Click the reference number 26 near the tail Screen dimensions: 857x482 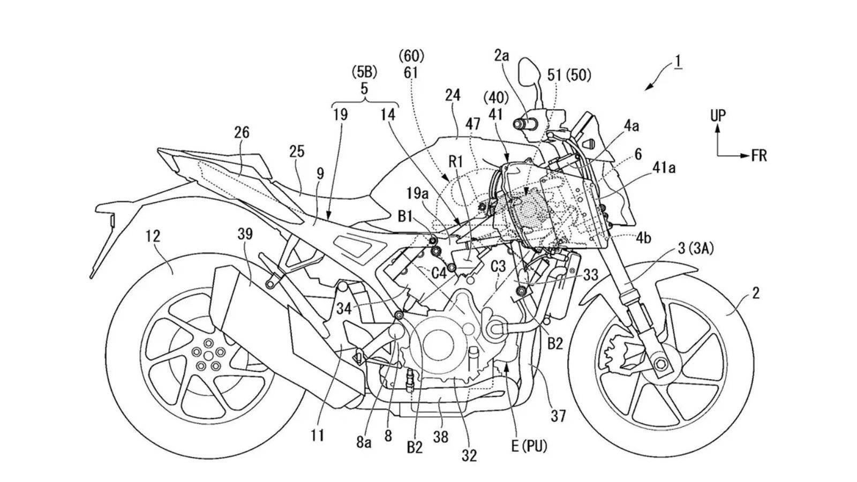pyautogui.click(x=242, y=132)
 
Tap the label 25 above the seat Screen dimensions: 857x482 pyautogui.click(x=297, y=152)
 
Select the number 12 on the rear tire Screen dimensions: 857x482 pyautogui.click(x=153, y=236)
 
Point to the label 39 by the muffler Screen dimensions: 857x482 pyautogui.click(x=245, y=234)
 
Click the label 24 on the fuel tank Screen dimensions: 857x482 pyautogui.click(x=453, y=95)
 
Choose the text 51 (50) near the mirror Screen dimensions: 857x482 pyautogui.click(x=569, y=76)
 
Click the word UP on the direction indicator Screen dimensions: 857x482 pyautogui.click(x=718, y=115)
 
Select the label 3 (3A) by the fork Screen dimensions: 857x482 pyautogui.click(x=696, y=249)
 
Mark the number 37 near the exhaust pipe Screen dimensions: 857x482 pyautogui.click(x=558, y=416)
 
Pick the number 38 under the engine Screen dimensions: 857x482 pyautogui.click(x=441, y=436)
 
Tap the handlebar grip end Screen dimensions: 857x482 pyautogui.click(x=520, y=124)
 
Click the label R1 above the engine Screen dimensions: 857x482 pyautogui.click(x=456, y=162)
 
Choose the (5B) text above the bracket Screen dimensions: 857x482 pyautogui.click(x=364, y=72)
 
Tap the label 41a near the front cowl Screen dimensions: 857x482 pyautogui.click(x=664, y=168)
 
